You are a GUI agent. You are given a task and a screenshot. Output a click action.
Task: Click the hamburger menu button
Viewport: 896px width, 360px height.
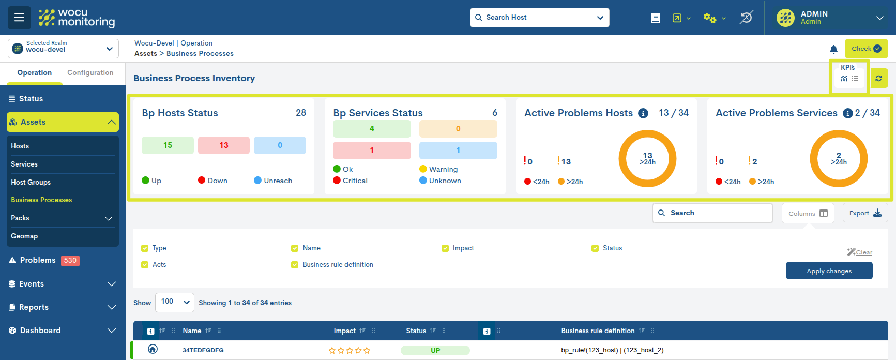[19, 18]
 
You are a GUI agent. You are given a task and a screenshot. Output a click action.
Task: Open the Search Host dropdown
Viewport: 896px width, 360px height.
[539, 18]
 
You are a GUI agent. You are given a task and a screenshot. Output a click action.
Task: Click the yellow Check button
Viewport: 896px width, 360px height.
[865, 49]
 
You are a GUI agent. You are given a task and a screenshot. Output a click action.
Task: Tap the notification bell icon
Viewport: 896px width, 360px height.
[833, 49]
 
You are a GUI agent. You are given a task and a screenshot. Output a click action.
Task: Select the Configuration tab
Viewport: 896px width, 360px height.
[90, 73]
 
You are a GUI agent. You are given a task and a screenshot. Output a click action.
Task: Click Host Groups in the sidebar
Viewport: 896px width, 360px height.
[31, 182]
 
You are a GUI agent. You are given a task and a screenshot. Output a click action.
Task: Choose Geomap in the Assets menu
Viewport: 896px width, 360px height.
[24, 236]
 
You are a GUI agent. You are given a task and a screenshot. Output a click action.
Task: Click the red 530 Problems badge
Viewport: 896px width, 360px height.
[70, 260]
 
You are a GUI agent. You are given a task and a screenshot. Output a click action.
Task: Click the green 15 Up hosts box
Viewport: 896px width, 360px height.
[168, 145]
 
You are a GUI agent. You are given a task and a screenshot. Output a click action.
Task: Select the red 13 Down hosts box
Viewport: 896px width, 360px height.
[223, 145]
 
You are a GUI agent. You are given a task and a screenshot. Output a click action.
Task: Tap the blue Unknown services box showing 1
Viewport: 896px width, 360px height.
[458, 151]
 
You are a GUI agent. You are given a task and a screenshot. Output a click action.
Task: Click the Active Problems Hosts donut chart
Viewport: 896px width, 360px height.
[647, 158]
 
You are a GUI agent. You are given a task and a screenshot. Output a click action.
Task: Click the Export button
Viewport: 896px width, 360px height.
[865, 213]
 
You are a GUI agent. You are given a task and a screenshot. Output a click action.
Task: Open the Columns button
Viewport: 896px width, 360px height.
[808, 213]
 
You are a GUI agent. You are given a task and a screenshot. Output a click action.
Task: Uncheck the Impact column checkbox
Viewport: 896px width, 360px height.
[445, 248]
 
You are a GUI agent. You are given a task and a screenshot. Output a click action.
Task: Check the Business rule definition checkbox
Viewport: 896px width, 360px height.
[295, 265]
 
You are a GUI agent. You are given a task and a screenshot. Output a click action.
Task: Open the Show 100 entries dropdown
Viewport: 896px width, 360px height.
[174, 302]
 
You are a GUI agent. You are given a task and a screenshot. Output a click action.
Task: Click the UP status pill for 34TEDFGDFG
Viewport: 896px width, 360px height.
[435, 350]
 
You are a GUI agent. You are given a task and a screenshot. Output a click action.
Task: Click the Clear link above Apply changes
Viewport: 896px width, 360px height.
[863, 252]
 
